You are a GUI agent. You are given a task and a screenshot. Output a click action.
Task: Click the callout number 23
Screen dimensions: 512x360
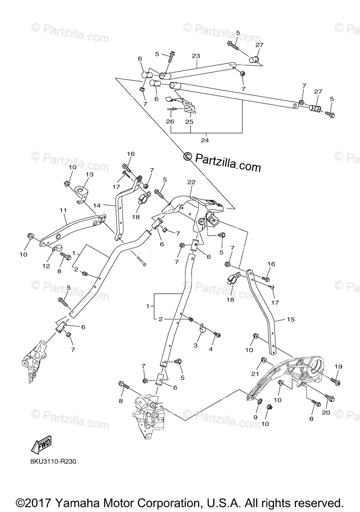(x=196, y=56)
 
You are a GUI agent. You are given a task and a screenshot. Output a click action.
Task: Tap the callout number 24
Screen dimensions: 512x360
(x=205, y=140)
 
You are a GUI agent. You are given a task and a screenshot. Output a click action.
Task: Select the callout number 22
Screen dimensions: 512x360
(x=191, y=182)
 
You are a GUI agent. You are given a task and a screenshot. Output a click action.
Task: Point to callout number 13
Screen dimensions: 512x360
(x=89, y=175)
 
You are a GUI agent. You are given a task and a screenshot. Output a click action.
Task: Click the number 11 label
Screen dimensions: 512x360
(x=63, y=210)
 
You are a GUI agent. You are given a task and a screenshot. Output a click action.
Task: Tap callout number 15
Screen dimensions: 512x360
(x=279, y=319)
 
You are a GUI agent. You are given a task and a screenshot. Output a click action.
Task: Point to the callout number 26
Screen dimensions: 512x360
(x=170, y=122)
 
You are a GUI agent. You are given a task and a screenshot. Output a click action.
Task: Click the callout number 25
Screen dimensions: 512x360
(x=189, y=122)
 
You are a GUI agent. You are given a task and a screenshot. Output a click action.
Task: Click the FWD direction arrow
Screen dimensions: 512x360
(x=41, y=447)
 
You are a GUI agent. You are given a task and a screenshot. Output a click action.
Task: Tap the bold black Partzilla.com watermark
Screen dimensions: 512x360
(x=222, y=162)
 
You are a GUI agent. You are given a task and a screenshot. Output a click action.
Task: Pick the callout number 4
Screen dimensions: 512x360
(x=210, y=349)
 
